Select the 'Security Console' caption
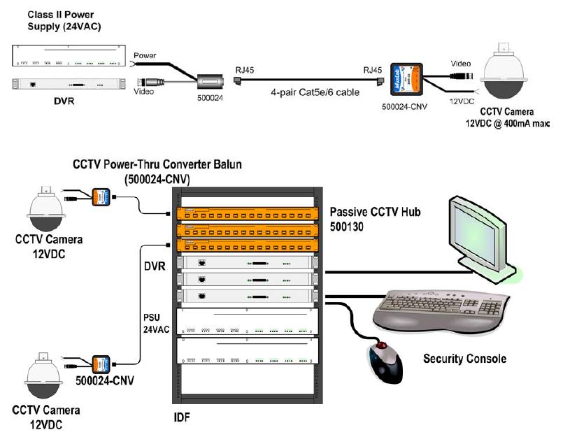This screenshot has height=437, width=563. (465, 359)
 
